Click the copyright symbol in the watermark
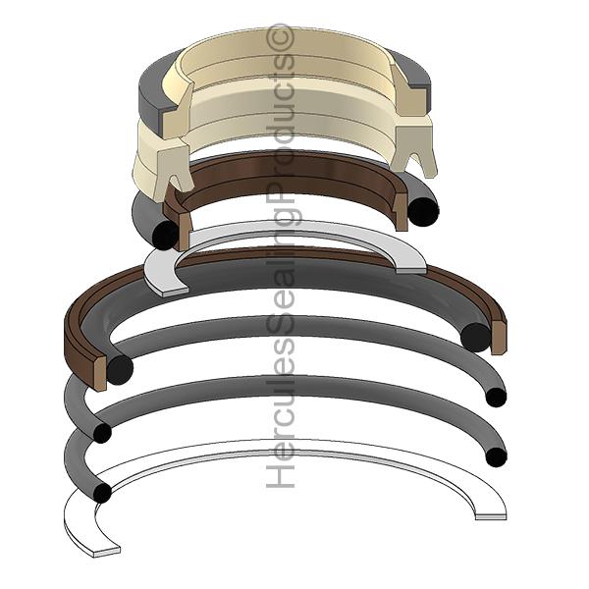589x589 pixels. (280, 36)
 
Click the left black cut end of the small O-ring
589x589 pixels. (165, 235)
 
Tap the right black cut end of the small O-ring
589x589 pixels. (423, 211)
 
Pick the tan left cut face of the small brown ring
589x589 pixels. (185, 232)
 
